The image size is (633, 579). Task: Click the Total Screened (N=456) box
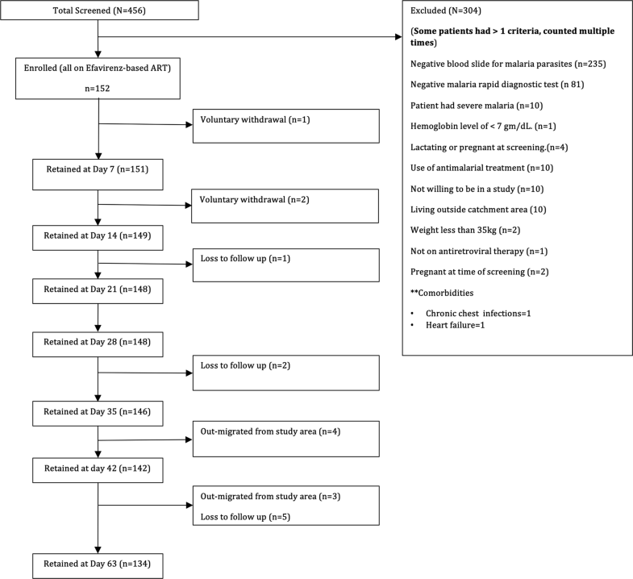[x=98, y=10]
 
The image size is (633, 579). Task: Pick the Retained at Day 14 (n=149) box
[x=98, y=237]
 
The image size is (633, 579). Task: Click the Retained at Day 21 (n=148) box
[x=98, y=288]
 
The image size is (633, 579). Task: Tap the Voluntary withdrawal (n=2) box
[x=285, y=205]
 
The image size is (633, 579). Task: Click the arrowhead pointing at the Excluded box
[x=398, y=37]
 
